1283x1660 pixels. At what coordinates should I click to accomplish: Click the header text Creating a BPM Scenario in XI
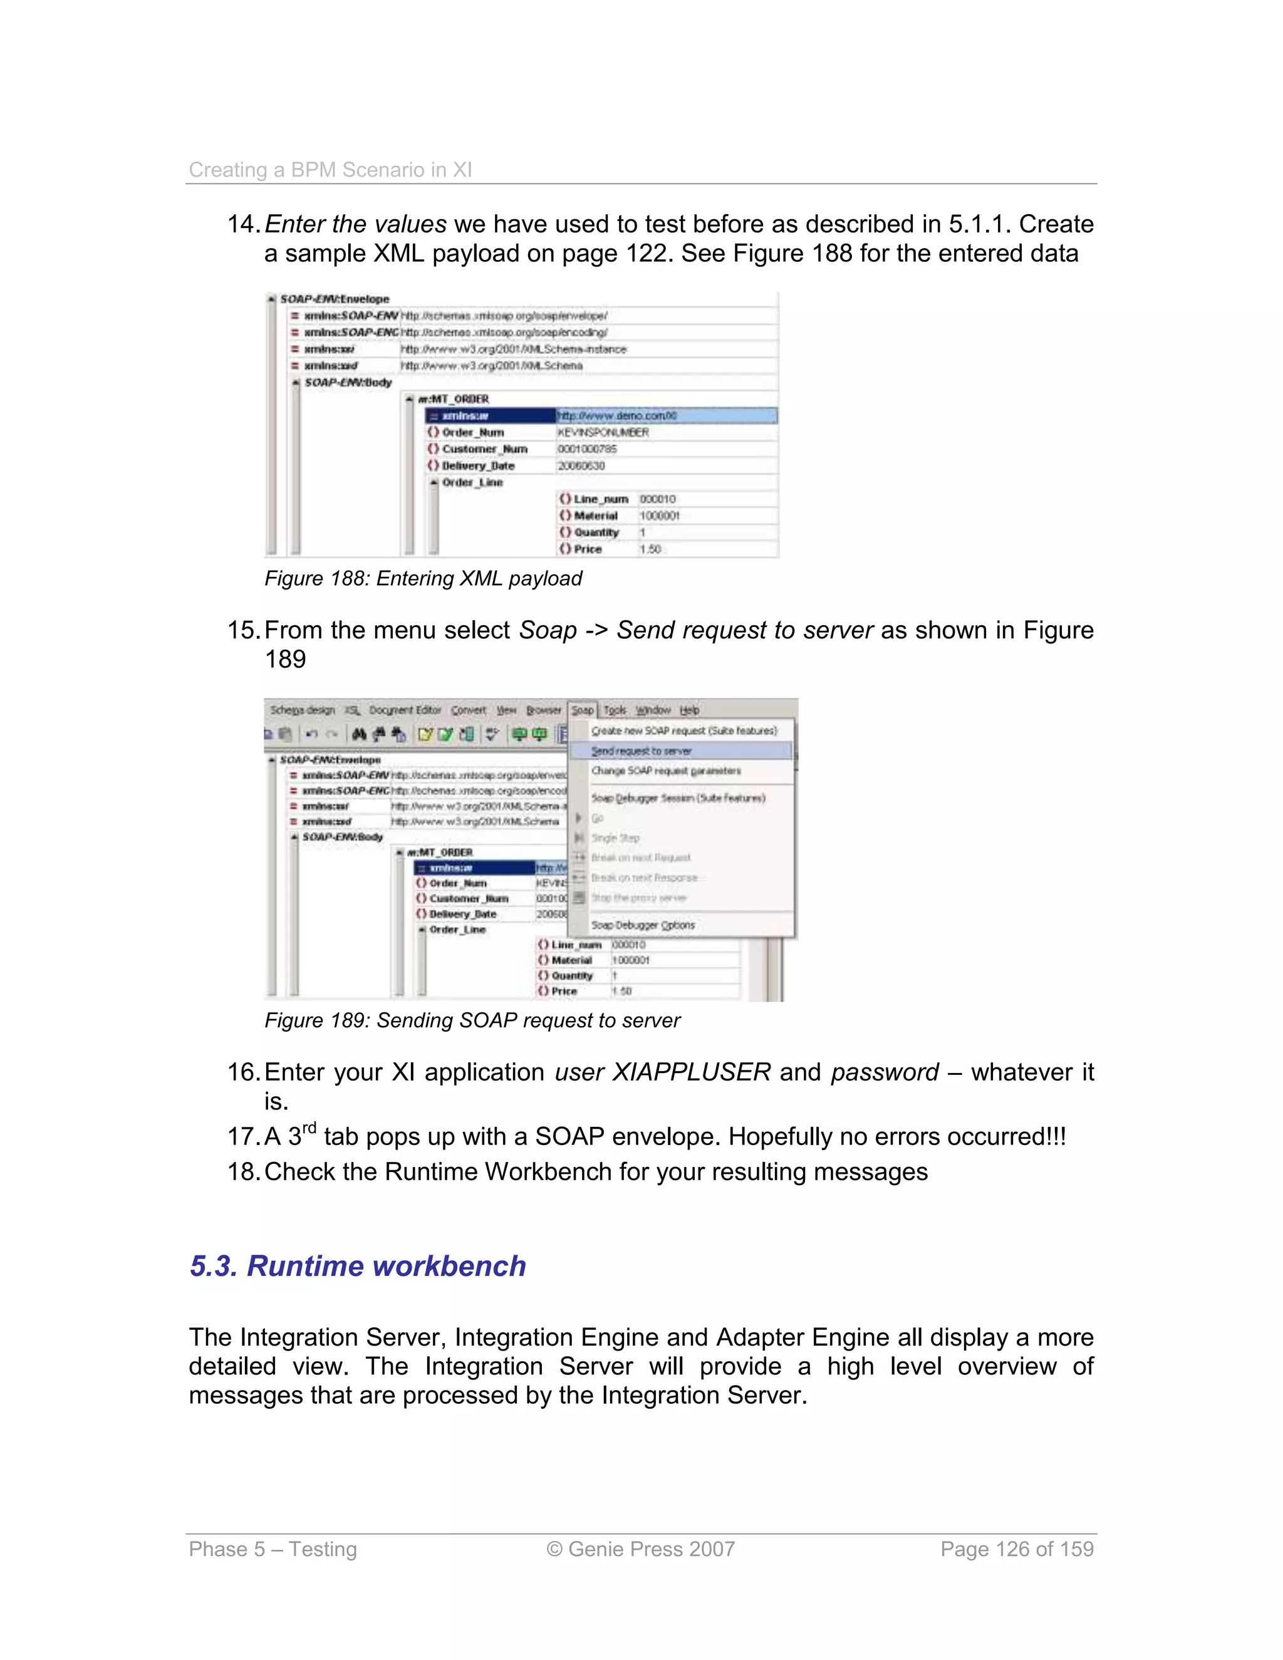(x=330, y=170)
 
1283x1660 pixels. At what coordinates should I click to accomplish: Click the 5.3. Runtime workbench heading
(x=357, y=1265)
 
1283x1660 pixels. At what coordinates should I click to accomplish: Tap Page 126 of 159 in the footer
(x=1016, y=1548)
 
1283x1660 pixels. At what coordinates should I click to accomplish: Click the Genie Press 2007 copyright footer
(x=640, y=1548)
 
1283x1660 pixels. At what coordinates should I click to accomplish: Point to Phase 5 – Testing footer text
(x=272, y=1548)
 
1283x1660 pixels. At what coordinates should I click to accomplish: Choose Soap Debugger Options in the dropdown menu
(x=643, y=925)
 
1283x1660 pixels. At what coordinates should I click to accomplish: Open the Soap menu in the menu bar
(x=582, y=710)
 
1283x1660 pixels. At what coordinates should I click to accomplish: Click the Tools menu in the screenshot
(x=615, y=710)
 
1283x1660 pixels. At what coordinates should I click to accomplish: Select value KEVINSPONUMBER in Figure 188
(x=603, y=432)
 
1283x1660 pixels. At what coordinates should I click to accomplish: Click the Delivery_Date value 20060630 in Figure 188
(x=581, y=466)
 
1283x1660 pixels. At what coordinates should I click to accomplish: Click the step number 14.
(x=243, y=224)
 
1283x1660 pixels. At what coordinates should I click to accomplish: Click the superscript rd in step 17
(x=309, y=1128)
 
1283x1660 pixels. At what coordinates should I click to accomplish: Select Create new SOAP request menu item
(x=683, y=730)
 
